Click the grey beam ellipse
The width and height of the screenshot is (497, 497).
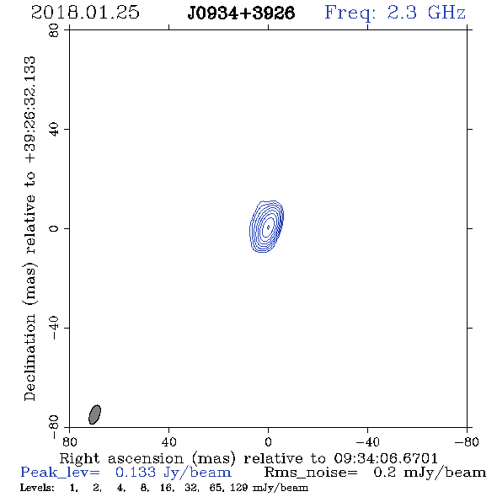(x=94, y=414)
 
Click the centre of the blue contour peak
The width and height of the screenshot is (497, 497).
(x=269, y=227)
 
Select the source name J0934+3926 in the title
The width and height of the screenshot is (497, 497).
(x=241, y=13)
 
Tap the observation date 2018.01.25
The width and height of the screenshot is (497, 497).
(x=85, y=13)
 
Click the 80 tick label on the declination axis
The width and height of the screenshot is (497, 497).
(x=54, y=30)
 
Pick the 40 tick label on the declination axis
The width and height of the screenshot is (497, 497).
(x=54, y=130)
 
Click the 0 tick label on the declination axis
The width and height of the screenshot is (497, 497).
(x=54, y=228)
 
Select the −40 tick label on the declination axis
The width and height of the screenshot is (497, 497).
(x=54, y=328)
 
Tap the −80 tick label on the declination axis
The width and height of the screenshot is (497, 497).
(x=54, y=427)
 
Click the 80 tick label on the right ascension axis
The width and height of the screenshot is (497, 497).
(x=69, y=442)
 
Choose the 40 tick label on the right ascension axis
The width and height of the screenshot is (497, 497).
(x=168, y=442)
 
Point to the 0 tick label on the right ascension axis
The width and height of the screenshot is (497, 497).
(x=268, y=442)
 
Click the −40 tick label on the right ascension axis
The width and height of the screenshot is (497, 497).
(x=367, y=442)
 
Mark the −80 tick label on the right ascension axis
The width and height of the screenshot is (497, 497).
(x=467, y=442)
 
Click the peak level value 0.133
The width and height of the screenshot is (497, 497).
(x=136, y=473)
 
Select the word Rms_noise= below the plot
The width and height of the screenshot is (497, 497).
(x=311, y=473)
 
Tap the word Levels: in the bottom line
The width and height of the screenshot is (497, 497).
(x=37, y=488)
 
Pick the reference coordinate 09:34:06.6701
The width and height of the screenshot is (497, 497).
(x=386, y=458)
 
